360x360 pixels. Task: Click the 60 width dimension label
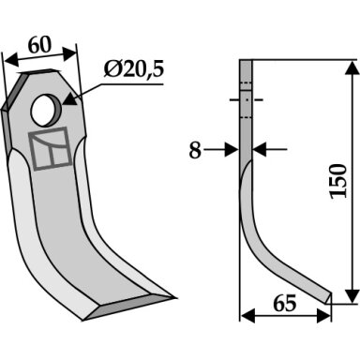click(39, 45)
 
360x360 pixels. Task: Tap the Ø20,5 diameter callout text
click(134, 70)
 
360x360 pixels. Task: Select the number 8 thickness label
click(195, 150)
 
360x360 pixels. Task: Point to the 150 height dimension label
click(338, 181)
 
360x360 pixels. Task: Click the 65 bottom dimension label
click(284, 303)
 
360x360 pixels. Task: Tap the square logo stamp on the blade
click(50, 148)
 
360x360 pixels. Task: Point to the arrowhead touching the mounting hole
click(70, 100)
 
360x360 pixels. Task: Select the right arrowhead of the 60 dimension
click(69, 52)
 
